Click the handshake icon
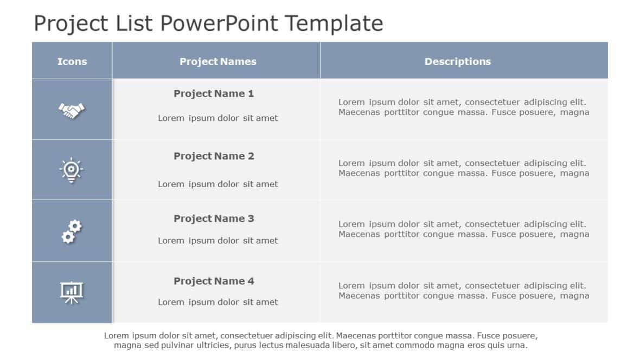(x=72, y=111)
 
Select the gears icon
(x=71, y=232)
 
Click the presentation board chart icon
(x=71, y=293)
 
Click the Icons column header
(x=72, y=62)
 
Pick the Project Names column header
(x=218, y=62)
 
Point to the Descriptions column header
(x=457, y=62)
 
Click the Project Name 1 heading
(x=214, y=94)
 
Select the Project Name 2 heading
(x=214, y=156)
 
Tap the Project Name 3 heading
(x=214, y=218)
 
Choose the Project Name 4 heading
(x=214, y=281)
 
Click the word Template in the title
(x=334, y=24)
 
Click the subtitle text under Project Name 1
(x=217, y=118)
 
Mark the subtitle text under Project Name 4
(x=217, y=302)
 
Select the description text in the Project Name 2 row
(x=464, y=168)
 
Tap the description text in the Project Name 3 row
(x=464, y=229)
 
